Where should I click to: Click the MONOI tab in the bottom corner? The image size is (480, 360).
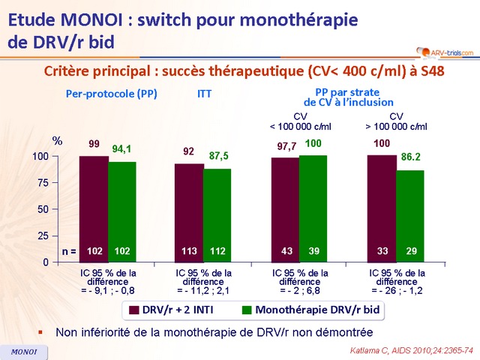tap(23, 351)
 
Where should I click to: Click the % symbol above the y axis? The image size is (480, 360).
tap(56, 140)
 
